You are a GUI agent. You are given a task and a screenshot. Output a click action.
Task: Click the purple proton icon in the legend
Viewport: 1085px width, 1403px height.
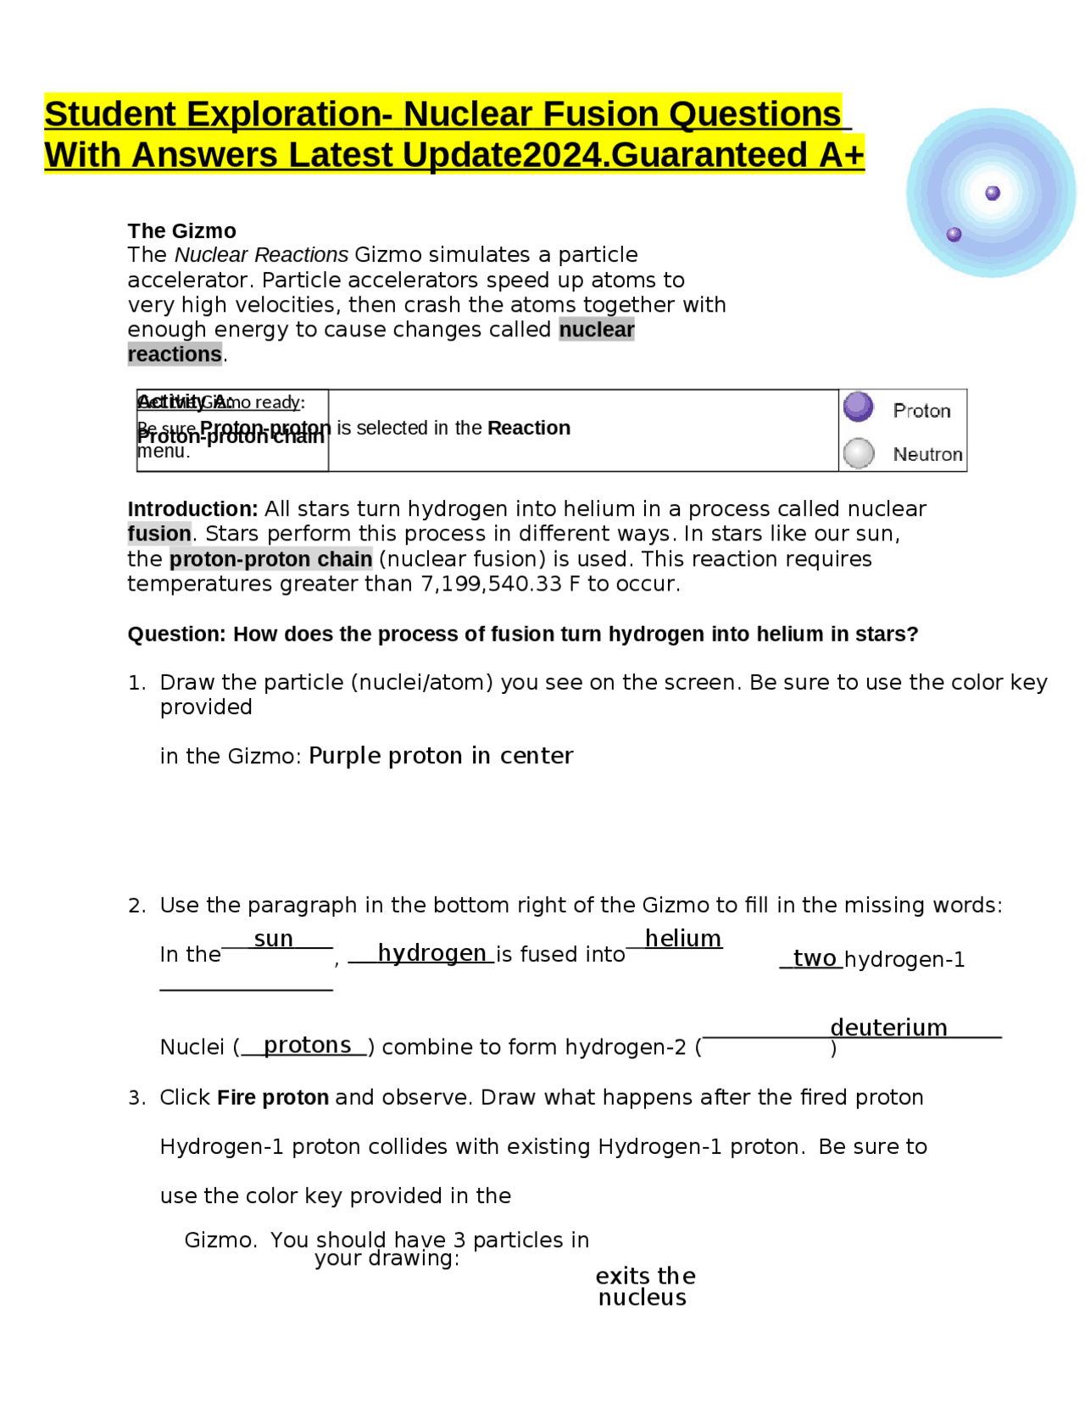coord(858,407)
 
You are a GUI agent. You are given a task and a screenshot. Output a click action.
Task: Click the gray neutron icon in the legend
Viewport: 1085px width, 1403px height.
coord(859,452)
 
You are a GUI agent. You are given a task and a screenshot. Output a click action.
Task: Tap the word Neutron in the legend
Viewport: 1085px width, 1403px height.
coord(927,454)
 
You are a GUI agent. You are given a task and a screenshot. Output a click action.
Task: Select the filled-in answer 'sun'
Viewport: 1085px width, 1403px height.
coord(273,939)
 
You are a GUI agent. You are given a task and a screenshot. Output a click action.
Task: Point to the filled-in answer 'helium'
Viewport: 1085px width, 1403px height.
coord(682,938)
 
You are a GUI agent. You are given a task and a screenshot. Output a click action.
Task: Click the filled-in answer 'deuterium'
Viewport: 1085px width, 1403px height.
coord(888,1027)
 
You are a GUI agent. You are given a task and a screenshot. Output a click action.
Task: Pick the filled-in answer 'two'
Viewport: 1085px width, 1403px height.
coord(815,958)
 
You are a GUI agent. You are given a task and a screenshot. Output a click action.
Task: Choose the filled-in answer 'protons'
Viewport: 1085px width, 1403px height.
coord(307,1045)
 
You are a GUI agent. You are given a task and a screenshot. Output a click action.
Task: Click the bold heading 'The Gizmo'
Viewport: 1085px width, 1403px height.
coord(181,230)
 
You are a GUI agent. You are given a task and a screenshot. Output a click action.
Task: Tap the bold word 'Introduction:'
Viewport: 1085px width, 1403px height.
coord(192,508)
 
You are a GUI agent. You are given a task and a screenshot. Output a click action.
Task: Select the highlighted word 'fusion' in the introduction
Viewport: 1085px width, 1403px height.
coord(159,534)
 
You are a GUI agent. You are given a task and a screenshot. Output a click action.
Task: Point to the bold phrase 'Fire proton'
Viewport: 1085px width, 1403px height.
coord(272,1097)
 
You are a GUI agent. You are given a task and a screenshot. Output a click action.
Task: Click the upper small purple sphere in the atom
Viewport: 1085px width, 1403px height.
coord(993,193)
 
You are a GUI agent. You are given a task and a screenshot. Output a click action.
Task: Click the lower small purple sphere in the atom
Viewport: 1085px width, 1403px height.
coord(954,234)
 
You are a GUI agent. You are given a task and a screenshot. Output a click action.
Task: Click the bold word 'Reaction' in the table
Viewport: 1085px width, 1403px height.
coord(528,428)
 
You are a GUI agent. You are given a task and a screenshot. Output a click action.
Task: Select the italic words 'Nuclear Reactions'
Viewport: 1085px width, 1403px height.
coord(261,255)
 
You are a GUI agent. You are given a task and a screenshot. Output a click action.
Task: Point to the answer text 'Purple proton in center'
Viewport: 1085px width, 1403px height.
coord(441,755)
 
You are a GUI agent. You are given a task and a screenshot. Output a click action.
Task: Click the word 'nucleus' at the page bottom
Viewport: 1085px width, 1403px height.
coord(642,1297)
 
